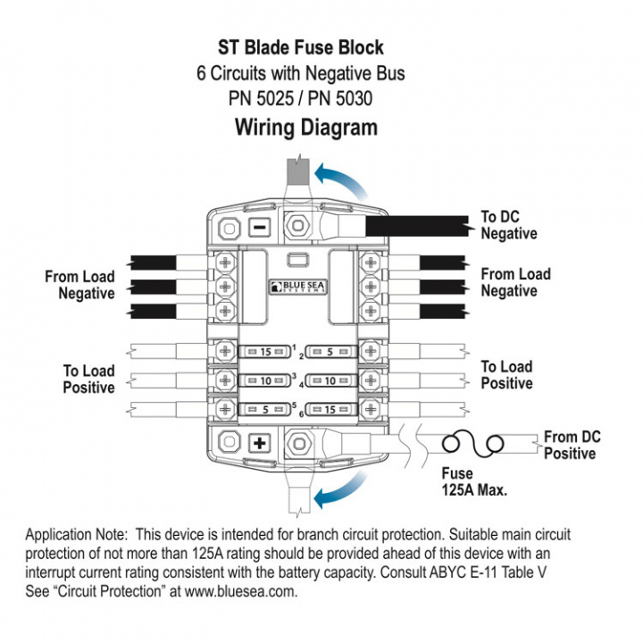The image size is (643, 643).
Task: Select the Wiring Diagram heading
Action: coord(305,127)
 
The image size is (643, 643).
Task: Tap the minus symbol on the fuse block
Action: coord(258,227)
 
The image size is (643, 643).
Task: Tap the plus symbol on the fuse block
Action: coord(260,444)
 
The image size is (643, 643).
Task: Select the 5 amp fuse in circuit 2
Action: coord(332,351)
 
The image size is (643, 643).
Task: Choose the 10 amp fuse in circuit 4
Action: coord(332,381)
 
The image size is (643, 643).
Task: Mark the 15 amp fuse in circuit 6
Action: coord(332,411)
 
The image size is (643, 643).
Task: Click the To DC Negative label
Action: coord(509,225)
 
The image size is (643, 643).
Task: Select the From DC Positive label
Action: coord(570,445)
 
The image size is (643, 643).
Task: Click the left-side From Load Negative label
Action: coord(80,285)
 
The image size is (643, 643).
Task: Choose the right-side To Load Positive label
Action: coord(506,375)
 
